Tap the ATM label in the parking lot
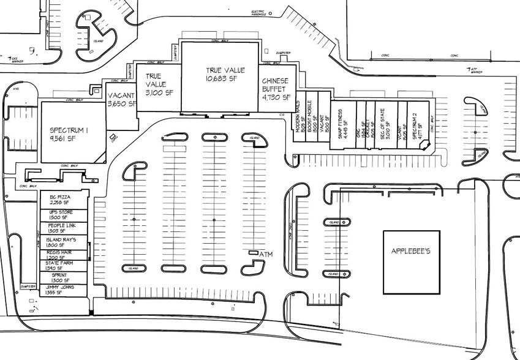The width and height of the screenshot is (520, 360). coord(265,253)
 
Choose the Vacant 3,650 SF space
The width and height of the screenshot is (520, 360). coord(121,100)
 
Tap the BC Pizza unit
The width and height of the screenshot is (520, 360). coord(61,200)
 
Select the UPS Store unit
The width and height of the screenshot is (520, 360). coord(61,214)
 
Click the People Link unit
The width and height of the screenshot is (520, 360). coord(61,228)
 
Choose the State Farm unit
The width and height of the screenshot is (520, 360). coord(61,265)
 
